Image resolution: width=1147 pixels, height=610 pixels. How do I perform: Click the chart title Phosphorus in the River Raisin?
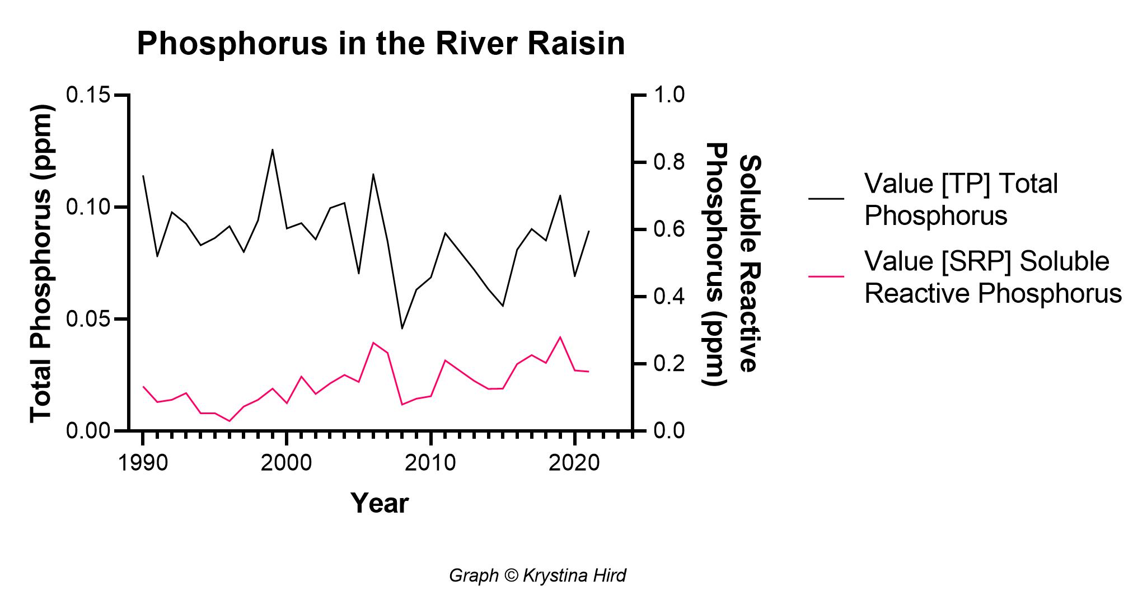[x=381, y=44]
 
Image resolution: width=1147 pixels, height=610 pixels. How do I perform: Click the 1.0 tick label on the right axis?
[x=667, y=95]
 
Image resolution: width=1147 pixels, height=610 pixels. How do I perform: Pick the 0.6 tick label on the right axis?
[x=667, y=229]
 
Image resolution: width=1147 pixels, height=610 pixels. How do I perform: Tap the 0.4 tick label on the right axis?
[x=667, y=297]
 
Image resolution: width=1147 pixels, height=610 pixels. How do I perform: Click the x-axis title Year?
[x=380, y=503]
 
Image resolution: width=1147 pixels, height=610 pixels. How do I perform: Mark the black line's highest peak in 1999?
[x=273, y=149]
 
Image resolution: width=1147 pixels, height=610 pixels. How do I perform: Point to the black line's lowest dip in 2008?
[x=402, y=329]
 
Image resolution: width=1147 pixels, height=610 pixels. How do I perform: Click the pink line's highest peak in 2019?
[x=560, y=337]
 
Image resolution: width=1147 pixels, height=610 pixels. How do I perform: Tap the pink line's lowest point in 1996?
[x=230, y=421]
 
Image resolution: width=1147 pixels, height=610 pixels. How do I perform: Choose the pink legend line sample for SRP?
[x=826, y=276]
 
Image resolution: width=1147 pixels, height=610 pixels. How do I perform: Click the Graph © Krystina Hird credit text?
[x=537, y=575]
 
